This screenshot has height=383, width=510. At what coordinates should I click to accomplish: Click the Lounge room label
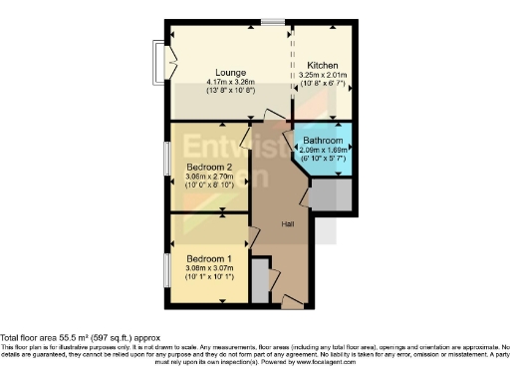[232, 73]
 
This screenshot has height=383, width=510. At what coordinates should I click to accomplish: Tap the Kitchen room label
[324, 66]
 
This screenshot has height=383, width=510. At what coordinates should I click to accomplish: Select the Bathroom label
[324, 140]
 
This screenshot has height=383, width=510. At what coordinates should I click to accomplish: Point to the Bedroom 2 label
[209, 167]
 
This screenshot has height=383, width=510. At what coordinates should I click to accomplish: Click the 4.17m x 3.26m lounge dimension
[232, 82]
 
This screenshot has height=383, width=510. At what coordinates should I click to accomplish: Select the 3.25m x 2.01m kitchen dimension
[324, 76]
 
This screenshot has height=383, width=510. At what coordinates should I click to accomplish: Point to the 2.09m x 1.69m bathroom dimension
[324, 150]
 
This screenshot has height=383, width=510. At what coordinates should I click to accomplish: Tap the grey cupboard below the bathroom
[332, 197]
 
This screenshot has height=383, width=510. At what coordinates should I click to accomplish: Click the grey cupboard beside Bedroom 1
[261, 281]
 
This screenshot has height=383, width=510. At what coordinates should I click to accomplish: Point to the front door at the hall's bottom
[291, 299]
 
